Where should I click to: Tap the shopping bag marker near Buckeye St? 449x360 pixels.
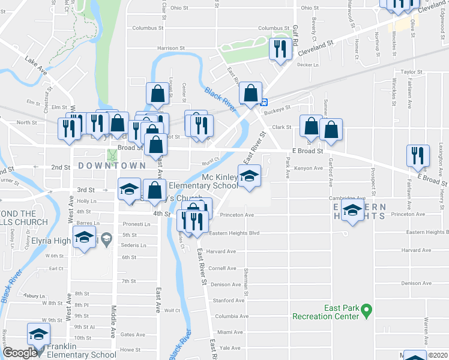(x=250, y=94)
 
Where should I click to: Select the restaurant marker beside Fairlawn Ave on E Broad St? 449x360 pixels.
(x=418, y=155)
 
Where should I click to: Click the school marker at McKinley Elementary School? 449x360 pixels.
(x=249, y=176)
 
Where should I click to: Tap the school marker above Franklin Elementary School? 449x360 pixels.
(x=39, y=334)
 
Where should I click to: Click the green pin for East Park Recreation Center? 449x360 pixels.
(x=367, y=311)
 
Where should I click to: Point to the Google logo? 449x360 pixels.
(x=20, y=353)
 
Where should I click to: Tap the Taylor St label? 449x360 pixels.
(x=413, y=71)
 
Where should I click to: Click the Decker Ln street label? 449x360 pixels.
(x=307, y=64)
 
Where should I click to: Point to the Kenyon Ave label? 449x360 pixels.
(x=309, y=169)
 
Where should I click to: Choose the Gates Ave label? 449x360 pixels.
(x=133, y=335)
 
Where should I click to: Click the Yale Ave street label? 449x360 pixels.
(x=230, y=347)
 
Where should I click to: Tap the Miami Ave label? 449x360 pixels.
(x=230, y=332)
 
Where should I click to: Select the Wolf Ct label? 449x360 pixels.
(x=173, y=310)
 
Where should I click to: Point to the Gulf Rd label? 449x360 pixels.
(x=295, y=36)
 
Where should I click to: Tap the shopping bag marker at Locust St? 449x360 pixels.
(x=157, y=94)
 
